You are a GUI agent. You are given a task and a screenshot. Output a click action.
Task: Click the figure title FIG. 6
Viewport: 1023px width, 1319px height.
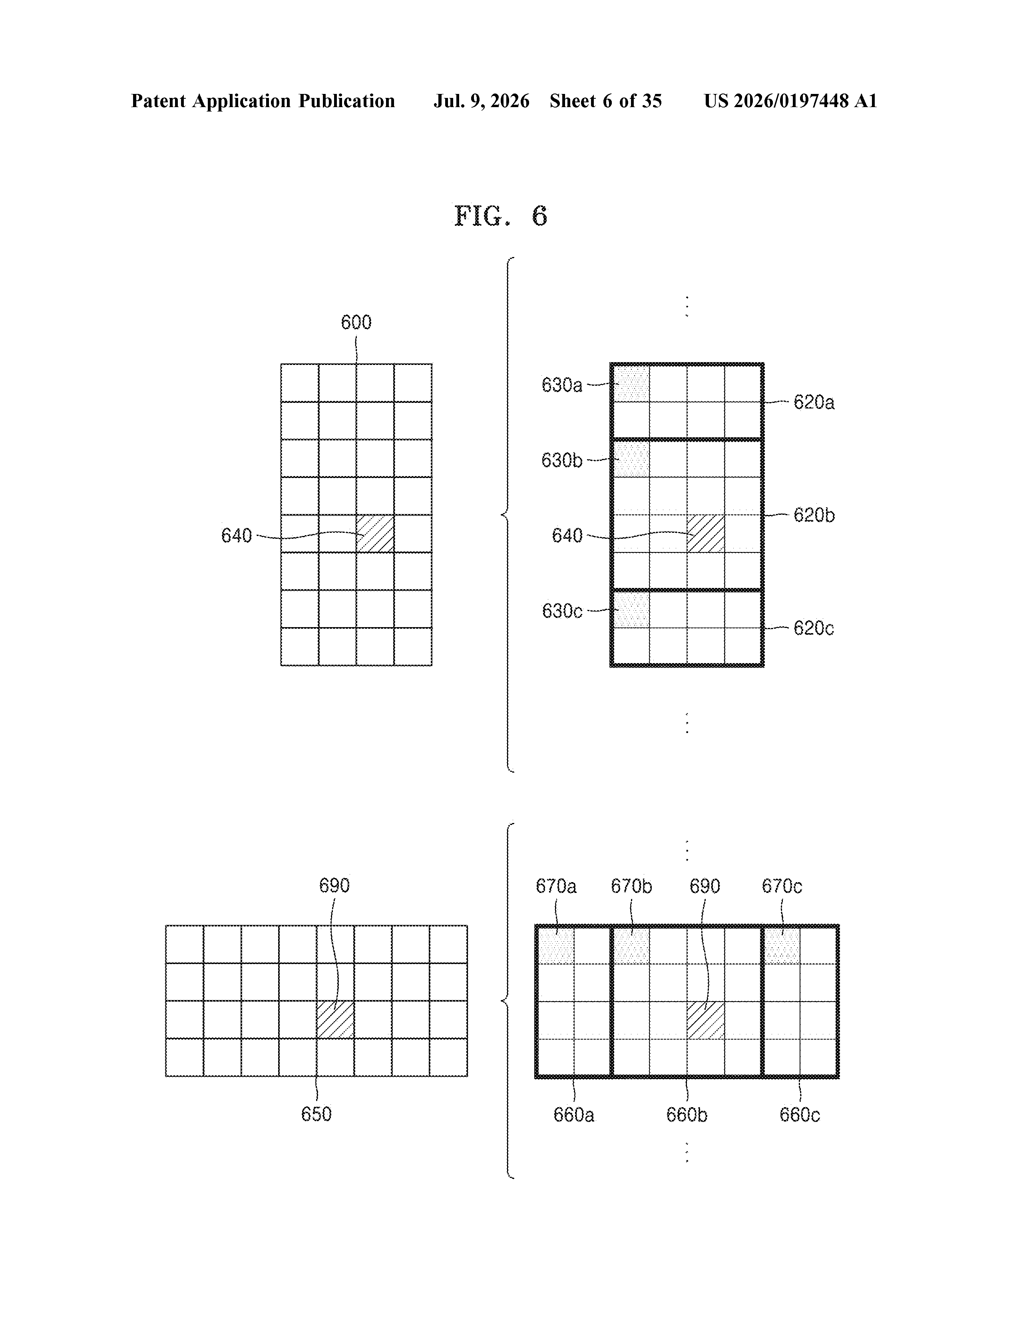coord(501,215)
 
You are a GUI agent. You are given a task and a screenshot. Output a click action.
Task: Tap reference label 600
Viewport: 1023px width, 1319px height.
coord(356,323)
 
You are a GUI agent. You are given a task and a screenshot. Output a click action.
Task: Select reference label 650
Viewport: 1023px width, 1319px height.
coord(316,1114)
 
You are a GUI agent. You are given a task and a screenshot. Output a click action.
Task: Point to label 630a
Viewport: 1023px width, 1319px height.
coord(561,385)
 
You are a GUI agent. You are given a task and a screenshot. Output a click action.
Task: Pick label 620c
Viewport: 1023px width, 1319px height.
coord(814,629)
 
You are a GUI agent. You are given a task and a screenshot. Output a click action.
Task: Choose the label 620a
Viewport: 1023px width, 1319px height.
coord(814,402)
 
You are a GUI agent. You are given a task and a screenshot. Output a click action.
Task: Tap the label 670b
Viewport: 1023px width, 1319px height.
coord(631,887)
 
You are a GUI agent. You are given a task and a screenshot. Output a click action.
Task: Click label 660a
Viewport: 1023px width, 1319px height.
coord(574,1115)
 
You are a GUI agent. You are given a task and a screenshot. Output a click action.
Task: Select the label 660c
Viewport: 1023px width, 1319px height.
coord(800,1115)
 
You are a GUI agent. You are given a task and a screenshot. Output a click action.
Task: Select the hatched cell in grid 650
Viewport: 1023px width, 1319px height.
coord(335,1020)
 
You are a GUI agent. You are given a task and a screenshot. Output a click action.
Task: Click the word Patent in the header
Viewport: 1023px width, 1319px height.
coord(158,101)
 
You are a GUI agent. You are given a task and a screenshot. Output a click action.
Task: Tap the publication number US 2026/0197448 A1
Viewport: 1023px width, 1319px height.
coord(790,101)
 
